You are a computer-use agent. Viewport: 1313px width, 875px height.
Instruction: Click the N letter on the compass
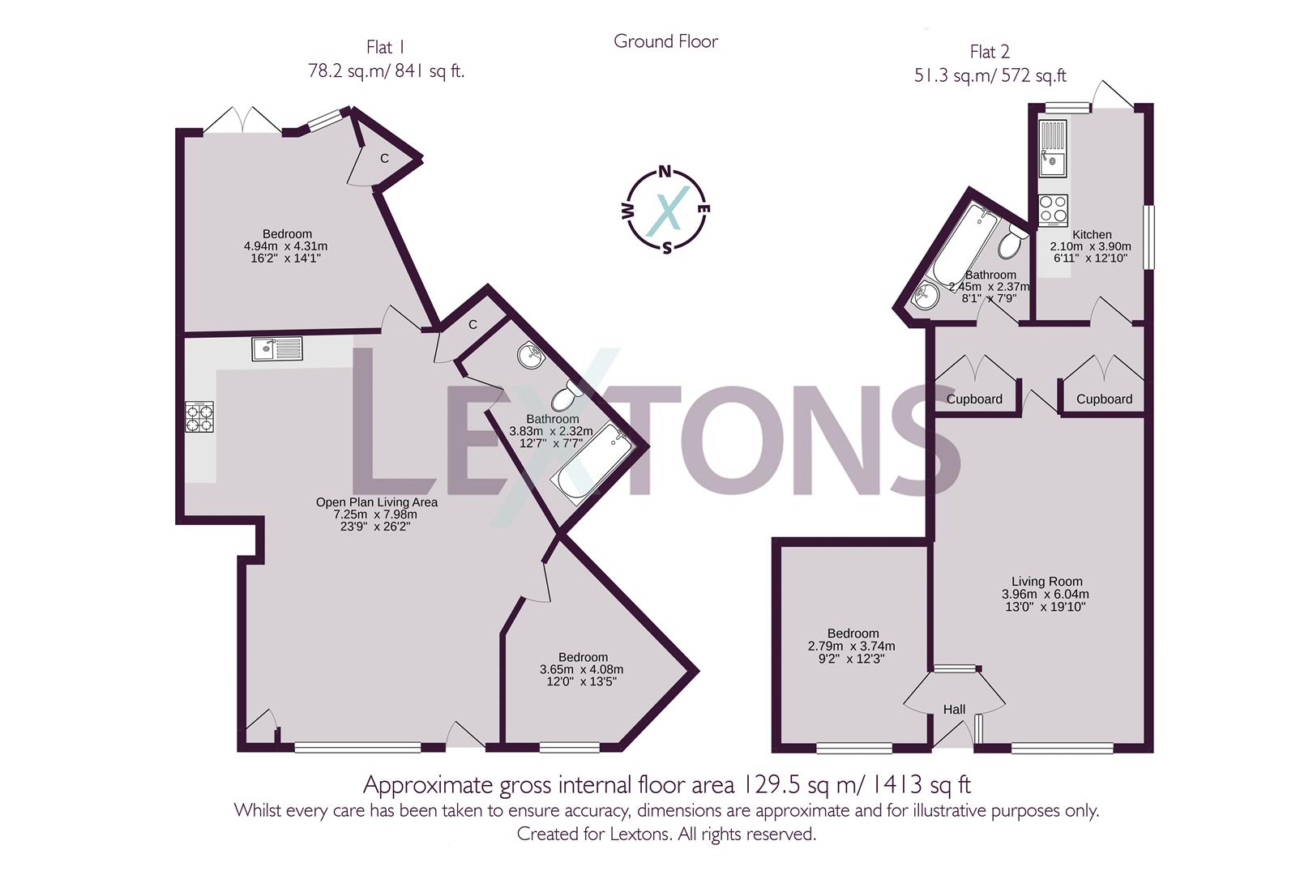point(665,171)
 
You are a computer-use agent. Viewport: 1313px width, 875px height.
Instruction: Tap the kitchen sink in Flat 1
point(276,348)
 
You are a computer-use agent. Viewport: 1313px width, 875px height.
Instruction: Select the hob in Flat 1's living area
point(200,417)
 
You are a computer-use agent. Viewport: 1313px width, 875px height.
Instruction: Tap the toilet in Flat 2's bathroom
point(1012,241)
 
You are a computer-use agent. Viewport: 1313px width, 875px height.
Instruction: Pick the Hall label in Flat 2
point(954,710)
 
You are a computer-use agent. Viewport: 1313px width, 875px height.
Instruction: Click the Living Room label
point(1046,581)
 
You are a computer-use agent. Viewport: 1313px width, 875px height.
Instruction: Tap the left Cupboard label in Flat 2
point(974,399)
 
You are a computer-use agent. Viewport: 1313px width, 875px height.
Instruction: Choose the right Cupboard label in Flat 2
point(1104,399)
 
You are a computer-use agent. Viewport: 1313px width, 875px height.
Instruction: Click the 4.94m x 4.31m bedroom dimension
point(285,246)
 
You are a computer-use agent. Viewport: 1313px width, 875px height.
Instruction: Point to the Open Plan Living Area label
point(376,502)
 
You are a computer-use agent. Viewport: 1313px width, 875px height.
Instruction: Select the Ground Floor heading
point(665,41)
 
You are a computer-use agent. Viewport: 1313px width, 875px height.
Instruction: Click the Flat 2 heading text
point(990,53)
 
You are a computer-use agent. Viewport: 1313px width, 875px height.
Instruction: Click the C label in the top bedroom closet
point(385,158)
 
